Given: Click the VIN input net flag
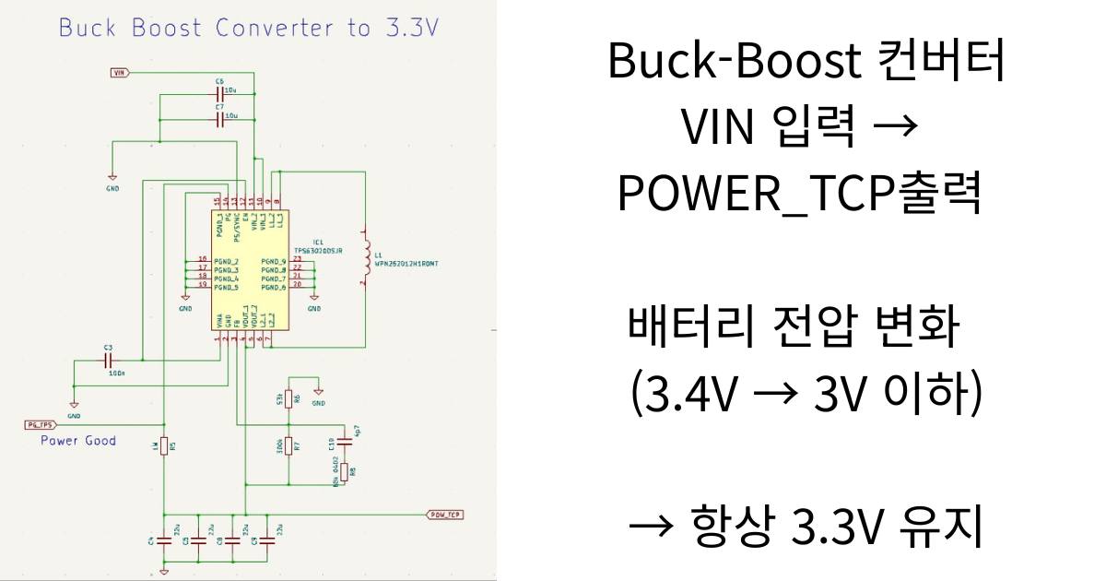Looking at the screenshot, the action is pos(121,72).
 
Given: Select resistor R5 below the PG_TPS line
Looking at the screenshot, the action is pos(164,446).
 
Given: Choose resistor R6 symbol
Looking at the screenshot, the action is pos(288,399).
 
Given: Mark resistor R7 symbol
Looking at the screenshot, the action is pos(288,446).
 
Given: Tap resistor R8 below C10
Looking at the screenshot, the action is pos(345,472).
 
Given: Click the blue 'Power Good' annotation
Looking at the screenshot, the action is pos(78,441).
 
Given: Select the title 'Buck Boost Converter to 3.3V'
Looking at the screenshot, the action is pos(249,28).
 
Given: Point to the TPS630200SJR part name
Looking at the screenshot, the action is pos(318,250).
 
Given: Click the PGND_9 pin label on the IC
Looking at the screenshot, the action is pos(274,262).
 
